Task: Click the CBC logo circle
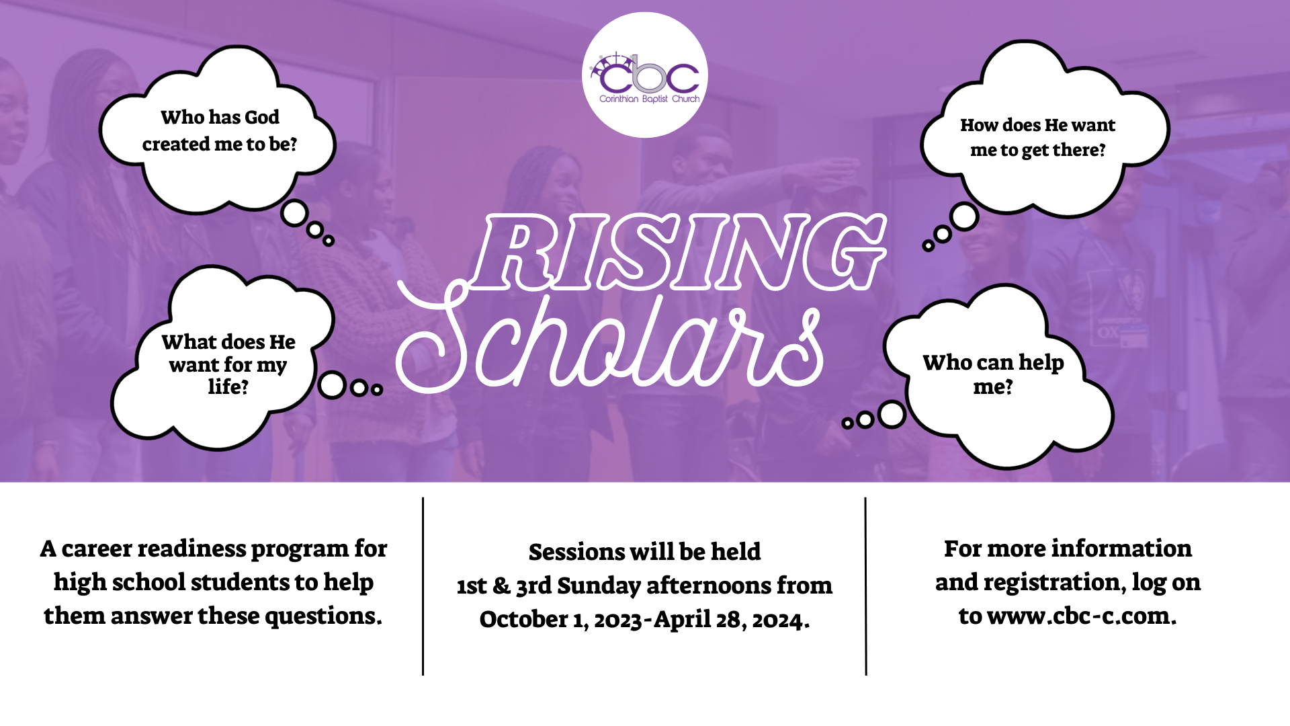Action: coord(644,75)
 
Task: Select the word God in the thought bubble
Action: coord(262,117)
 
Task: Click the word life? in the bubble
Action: coord(228,387)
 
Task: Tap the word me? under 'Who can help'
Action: coord(993,387)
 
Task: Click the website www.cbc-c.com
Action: coord(1082,616)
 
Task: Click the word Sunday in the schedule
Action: coord(599,586)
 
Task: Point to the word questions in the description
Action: coord(323,616)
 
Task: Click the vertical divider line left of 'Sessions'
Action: coord(423,586)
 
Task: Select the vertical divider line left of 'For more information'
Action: coord(866,586)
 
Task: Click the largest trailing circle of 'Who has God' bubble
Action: coord(294,214)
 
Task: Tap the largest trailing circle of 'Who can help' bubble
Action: coord(892,415)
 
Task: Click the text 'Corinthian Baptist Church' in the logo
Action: coord(649,99)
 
